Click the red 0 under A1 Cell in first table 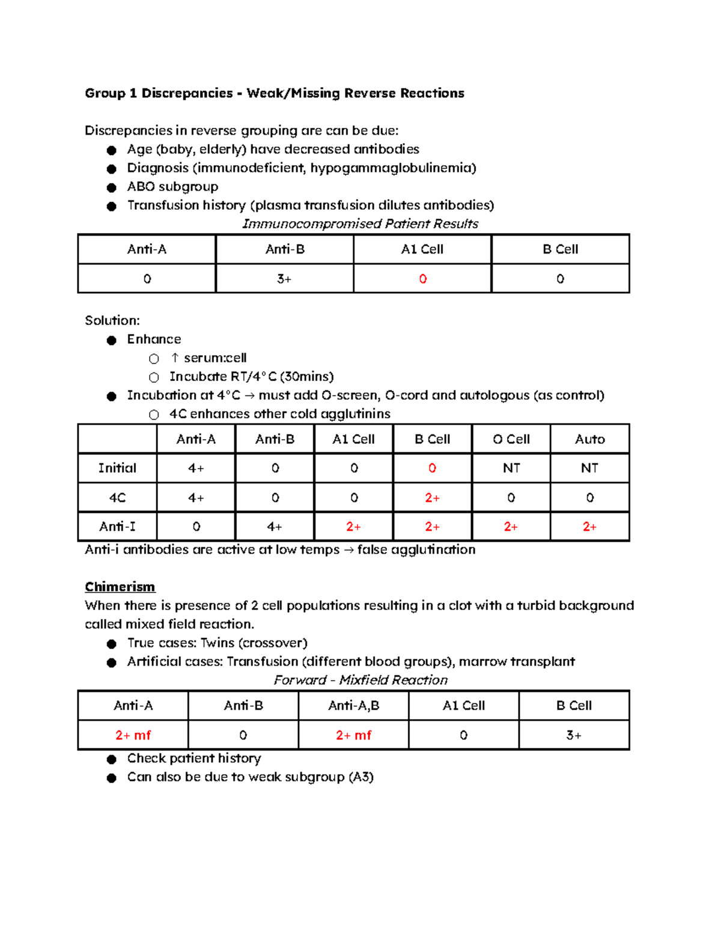(x=422, y=279)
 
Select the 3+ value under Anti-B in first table (x=284, y=279)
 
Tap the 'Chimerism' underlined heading (x=120, y=587)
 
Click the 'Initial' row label (x=117, y=468)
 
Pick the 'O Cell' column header (x=511, y=439)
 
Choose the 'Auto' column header (x=589, y=439)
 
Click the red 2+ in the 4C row (x=432, y=497)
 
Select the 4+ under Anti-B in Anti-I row (x=275, y=527)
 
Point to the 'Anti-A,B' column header (x=353, y=705)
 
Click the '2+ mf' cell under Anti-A (x=133, y=735)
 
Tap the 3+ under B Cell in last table (x=574, y=735)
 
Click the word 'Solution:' (x=112, y=320)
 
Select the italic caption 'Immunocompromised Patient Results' (x=360, y=224)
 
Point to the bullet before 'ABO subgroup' (x=111, y=187)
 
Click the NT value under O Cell (x=511, y=468)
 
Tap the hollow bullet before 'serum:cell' (x=154, y=359)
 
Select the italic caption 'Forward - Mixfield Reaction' (x=360, y=680)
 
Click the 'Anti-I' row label (x=117, y=527)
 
